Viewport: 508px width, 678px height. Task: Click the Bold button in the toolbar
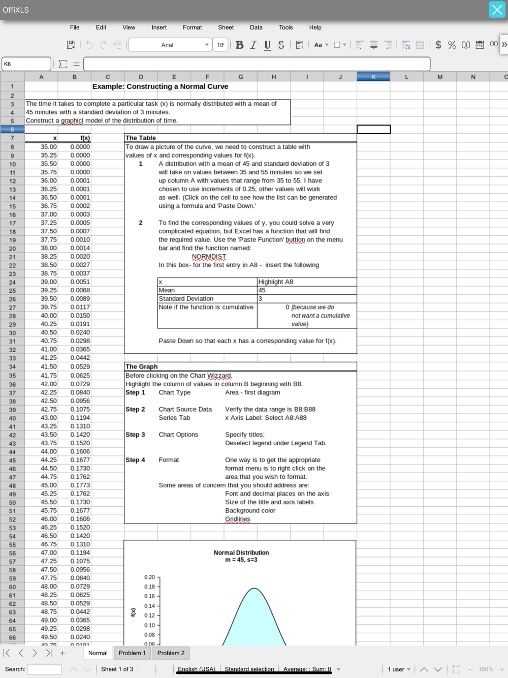(239, 45)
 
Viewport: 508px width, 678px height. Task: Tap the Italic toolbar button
(253, 45)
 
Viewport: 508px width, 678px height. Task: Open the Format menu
(192, 27)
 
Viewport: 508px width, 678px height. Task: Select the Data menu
(256, 27)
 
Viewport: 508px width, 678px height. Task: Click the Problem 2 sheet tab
(171, 653)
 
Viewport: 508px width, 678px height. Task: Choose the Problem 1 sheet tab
(132, 653)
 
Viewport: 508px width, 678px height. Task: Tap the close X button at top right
(497, 10)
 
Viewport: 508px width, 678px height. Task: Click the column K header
(373, 77)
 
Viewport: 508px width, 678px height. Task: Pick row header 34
(12, 367)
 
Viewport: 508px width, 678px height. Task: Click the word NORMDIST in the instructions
(209, 257)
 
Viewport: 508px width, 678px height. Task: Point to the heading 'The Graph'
(141, 366)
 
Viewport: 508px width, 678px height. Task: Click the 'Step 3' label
(135, 435)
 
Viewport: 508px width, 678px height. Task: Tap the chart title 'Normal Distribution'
(241, 552)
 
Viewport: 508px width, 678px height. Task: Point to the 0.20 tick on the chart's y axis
(149, 577)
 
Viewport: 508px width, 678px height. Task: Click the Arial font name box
(168, 45)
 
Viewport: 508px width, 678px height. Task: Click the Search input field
(44, 669)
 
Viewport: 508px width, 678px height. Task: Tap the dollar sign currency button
(438, 45)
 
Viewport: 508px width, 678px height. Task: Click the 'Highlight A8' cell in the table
(276, 282)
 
